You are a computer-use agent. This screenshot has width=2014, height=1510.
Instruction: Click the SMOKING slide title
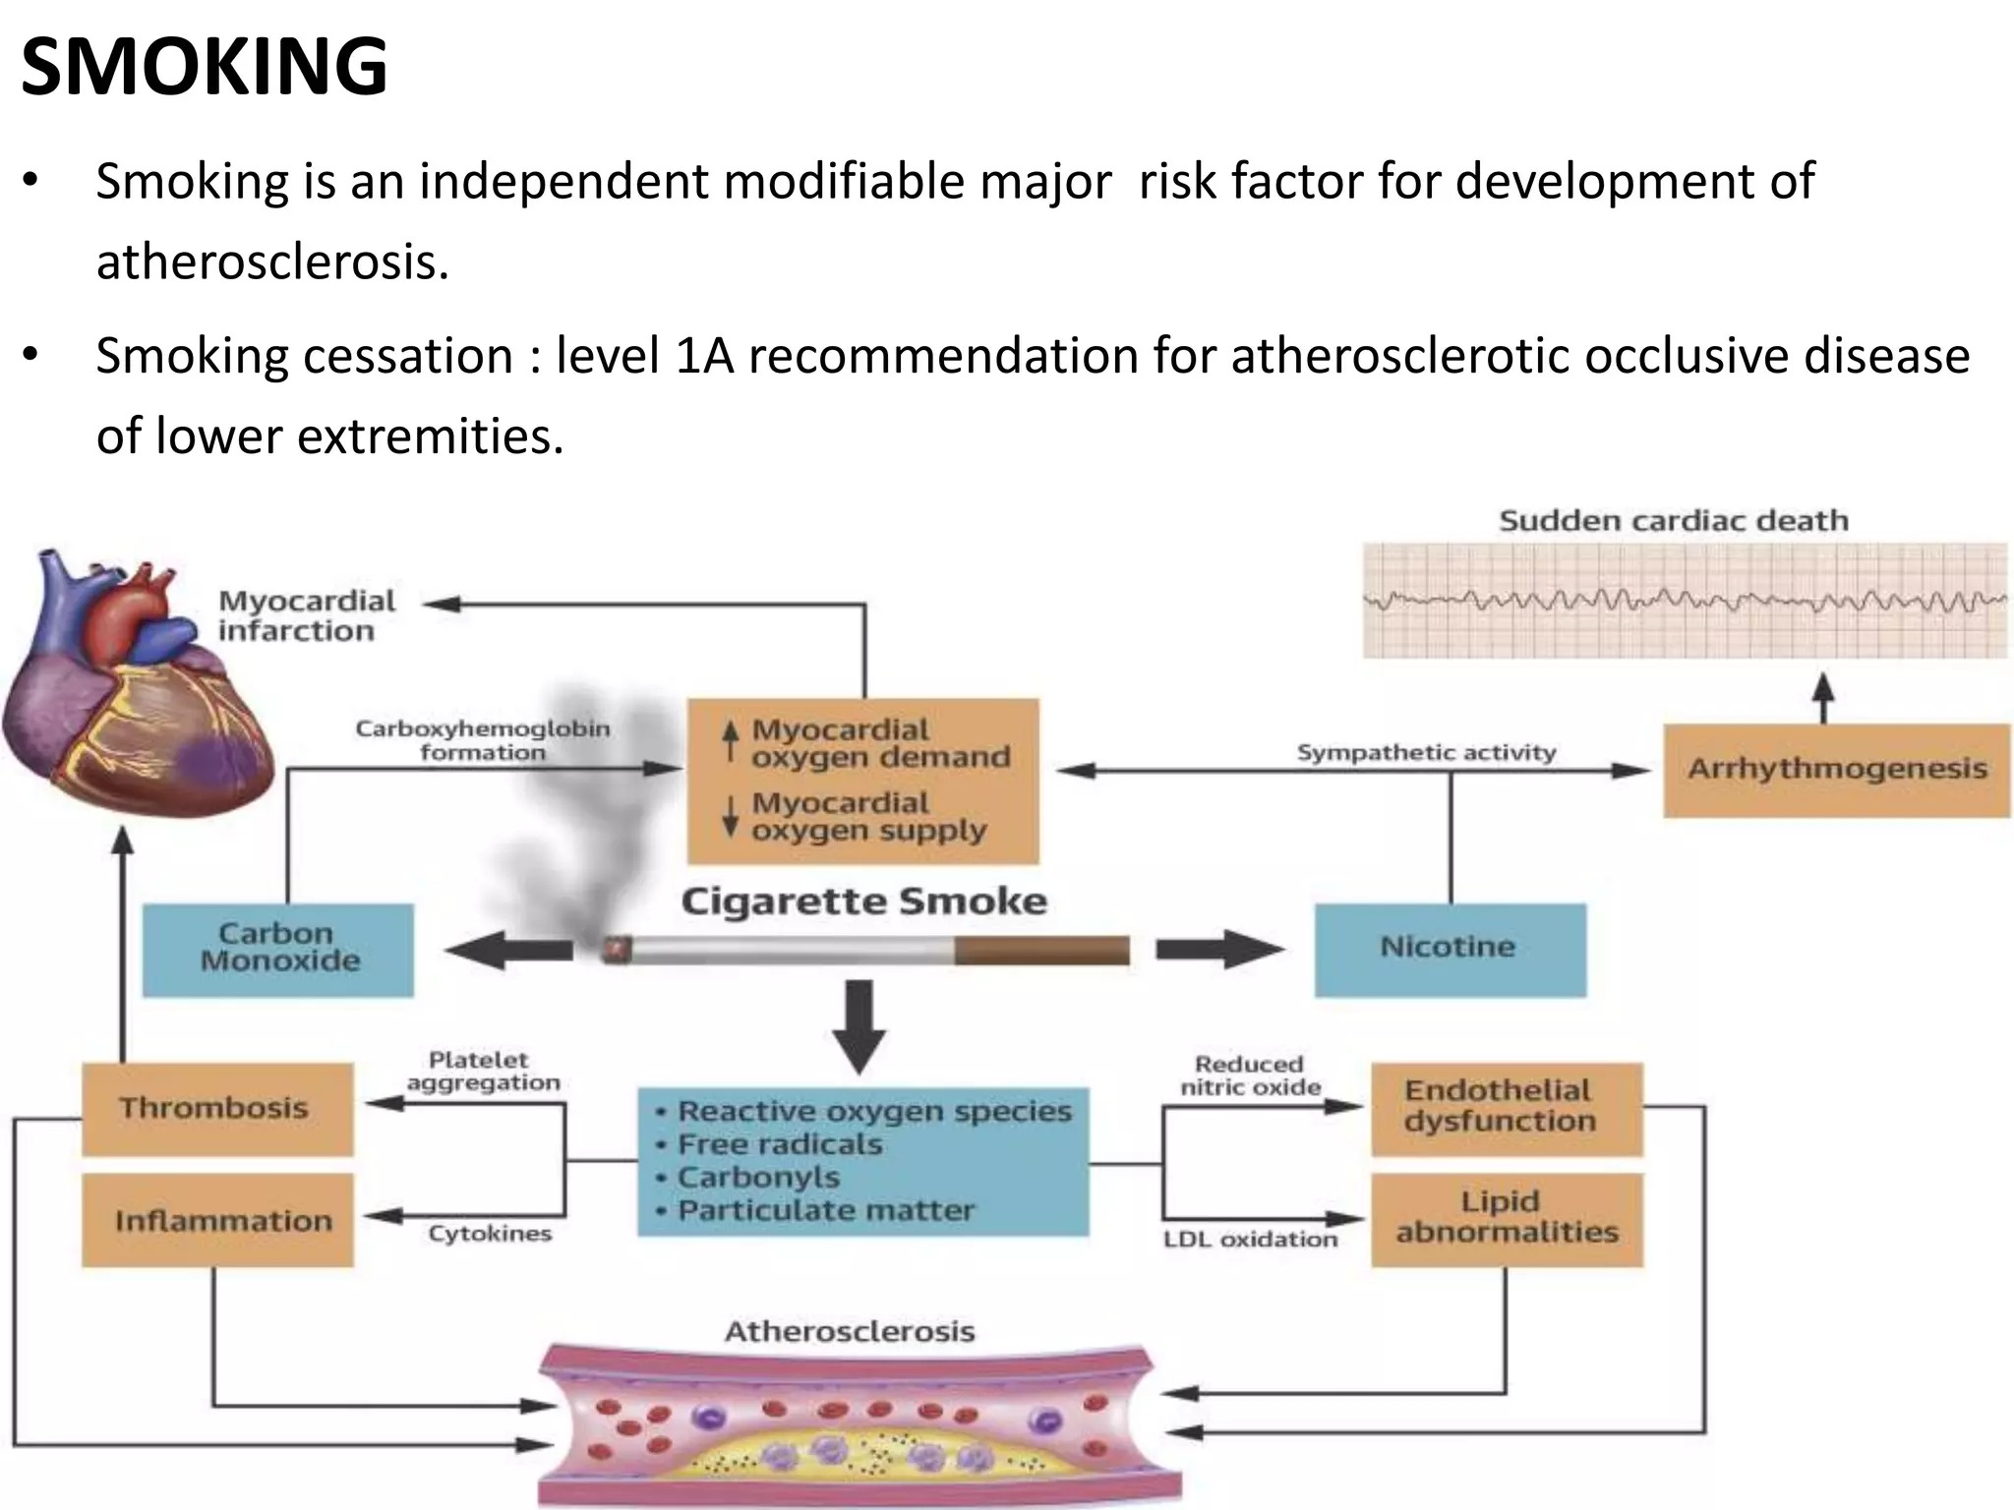204,67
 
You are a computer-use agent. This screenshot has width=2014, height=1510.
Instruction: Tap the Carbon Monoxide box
278,949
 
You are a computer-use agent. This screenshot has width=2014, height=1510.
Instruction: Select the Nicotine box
1450,949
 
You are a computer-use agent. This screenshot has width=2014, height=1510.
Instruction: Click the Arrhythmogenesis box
1836,770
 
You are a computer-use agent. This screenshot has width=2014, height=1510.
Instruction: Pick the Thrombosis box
216,1108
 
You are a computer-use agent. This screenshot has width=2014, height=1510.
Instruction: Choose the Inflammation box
216,1220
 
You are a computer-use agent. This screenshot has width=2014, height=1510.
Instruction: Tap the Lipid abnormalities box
1506,1218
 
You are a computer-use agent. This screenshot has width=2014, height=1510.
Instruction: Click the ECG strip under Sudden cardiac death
1684,601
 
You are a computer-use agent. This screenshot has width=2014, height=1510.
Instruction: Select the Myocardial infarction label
305,615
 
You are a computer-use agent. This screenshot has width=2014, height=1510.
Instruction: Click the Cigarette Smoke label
863,901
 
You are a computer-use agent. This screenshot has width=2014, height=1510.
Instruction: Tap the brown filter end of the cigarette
1040,950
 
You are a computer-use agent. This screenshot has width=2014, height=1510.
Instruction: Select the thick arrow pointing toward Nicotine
1219,950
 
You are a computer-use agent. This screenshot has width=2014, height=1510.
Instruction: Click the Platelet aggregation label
482,1072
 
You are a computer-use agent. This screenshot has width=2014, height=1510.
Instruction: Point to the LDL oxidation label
1250,1240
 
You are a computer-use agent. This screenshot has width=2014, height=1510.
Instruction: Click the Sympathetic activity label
1425,753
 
